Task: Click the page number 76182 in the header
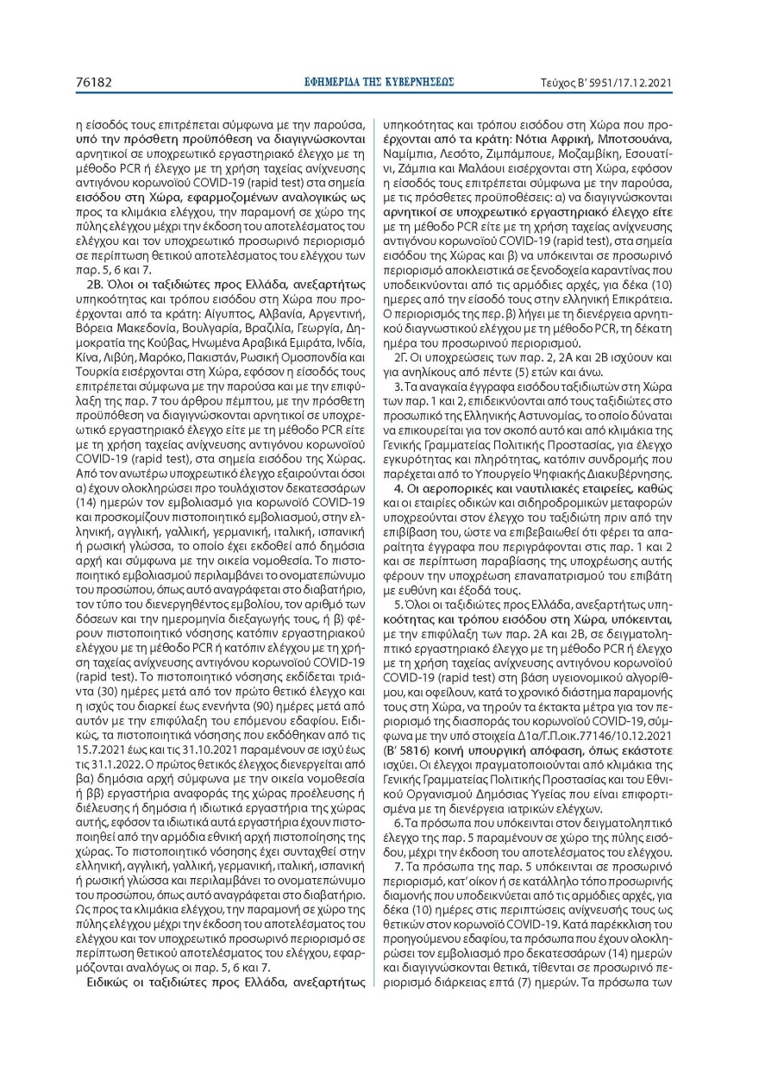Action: (x=94, y=83)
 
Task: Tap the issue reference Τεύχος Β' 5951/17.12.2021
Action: (x=605, y=83)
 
